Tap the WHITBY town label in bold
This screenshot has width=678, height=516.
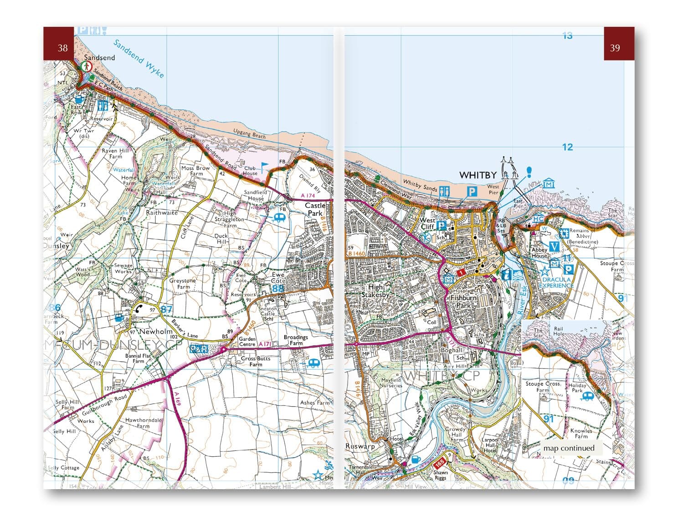[478, 175]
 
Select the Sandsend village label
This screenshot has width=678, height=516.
[99, 58]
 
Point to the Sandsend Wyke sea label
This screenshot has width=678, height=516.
[138, 59]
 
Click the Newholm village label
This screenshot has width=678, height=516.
[154, 332]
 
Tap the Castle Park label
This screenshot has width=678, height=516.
[315, 209]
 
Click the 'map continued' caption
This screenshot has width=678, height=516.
[569, 448]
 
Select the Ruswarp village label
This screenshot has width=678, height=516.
[360, 446]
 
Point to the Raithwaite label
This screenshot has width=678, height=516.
[162, 212]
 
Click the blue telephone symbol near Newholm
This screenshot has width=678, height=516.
[139, 309]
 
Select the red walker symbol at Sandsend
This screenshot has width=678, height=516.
[86, 66]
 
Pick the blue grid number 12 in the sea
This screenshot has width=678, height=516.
[567, 147]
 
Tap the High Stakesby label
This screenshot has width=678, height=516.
[375, 291]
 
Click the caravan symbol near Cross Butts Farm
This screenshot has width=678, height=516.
[313, 363]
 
